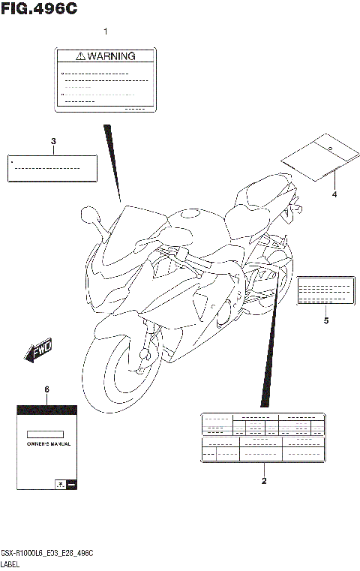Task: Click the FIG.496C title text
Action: point(39,10)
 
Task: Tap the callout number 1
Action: point(106,32)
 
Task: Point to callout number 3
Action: point(53,142)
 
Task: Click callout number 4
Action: point(334,194)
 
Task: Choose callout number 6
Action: point(46,389)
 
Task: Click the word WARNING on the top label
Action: point(111,56)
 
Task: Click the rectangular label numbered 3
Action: point(53,169)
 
